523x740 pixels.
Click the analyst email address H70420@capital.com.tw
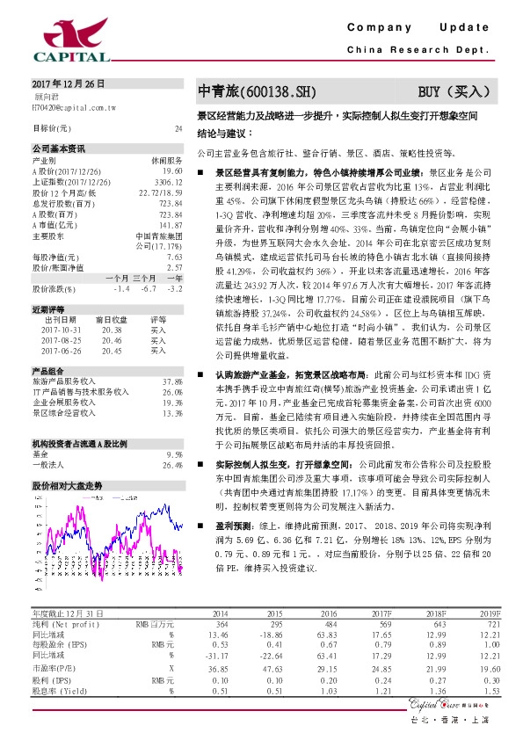point(74,105)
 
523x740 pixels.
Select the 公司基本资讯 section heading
point(60,148)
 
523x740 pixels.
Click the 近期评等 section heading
point(50,310)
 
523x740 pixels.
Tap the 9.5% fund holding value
point(175,454)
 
